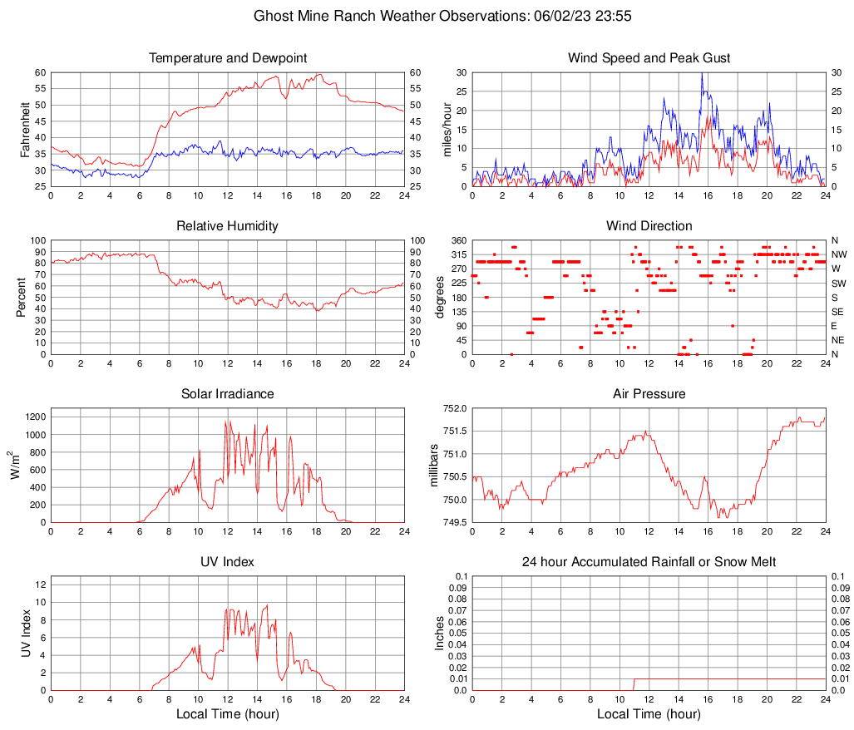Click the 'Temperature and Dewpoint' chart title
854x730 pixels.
[228, 58]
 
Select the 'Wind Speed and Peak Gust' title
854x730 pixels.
[649, 58]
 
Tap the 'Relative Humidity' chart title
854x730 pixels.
[228, 226]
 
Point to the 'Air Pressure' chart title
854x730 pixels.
[649, 394]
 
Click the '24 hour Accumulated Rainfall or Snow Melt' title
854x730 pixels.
[649, 562]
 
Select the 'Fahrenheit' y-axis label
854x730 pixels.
[24, 129]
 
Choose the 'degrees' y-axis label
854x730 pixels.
[440, 297]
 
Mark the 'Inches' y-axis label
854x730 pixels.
[440, 633]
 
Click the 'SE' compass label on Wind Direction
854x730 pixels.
[839, 312]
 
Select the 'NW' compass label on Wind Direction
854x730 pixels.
[840, 254]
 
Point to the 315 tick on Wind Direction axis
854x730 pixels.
[457, 254]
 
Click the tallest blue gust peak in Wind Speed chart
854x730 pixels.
[703, 74]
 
